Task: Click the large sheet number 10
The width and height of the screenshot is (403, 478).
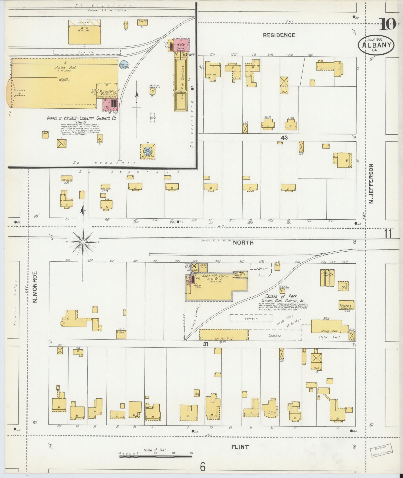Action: click(x=389, y=24)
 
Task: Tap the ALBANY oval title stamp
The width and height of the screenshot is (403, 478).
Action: click(x=376, y=45)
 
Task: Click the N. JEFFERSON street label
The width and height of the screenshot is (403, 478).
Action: click(x=371, y=184)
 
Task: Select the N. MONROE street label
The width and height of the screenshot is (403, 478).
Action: click(x=35, y=287)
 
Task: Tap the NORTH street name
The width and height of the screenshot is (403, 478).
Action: click(x=244, y=242)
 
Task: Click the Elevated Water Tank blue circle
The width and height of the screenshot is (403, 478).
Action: click(x=148, y=151)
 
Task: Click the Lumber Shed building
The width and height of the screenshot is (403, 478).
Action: click(x=224, y=335)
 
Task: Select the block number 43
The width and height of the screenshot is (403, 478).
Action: click(x=284, y=137)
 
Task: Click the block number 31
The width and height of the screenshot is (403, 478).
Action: click(x=206, y=344)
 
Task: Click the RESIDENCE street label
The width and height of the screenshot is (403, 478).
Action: click(x=279, y=35)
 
